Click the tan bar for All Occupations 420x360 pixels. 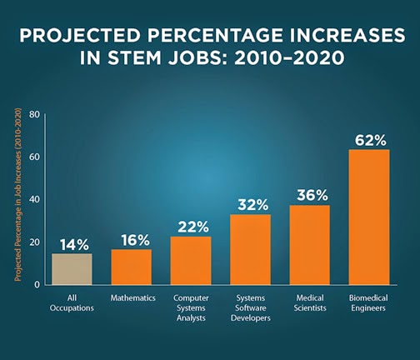pyautogui.click(x=72, y=268)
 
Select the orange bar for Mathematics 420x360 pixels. pyautogui.click(x=132, y=267)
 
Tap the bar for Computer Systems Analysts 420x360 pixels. pyautogui.click(x=191, y=260)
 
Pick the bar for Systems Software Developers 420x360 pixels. pyautogui.click(x=250, y=249)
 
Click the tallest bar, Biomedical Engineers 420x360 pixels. pyautogui.click(x=368, y=217)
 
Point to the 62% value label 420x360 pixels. pyautogui.click(x=368, y=138)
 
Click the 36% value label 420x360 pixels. pyautogui.click(x=309, y=195)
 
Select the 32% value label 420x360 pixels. pyautogui.click(x=250, y=204)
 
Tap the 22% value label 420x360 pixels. pyautogui.click(x=191, y=226)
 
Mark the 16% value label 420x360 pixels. pyautogui.click(x=132, y=239)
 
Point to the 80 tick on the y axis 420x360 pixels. pyautogui.click(x=35, y=114)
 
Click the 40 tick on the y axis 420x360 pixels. pyautogui.click(x=35, y=199)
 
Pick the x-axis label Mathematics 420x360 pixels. pyautogui.click(x=132, y=297)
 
